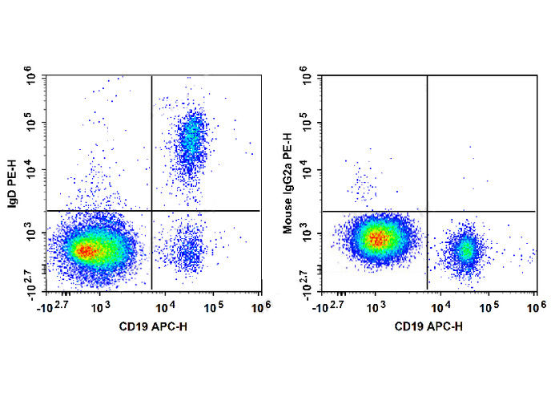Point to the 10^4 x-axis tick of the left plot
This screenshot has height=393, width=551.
point(166,306)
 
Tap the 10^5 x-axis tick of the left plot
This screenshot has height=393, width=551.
point(213,306)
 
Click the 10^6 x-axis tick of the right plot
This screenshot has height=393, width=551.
point(535,306)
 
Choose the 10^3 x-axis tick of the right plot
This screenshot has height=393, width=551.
point(377,306)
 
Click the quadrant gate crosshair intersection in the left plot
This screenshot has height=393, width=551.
point(151,210)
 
